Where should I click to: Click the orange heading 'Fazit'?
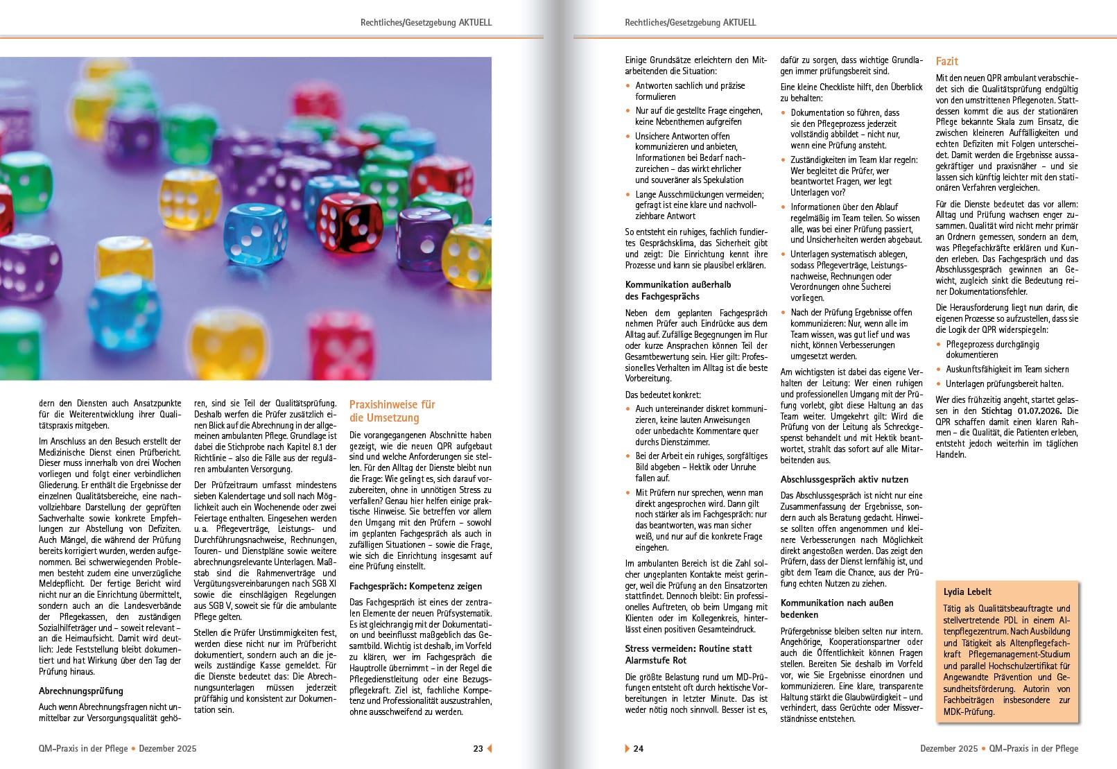(947, 61)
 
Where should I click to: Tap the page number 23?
(478, 748)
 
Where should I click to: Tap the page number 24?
(639, 748)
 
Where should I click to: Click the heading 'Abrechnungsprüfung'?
(81, 691)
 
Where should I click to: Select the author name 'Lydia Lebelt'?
(967, 591)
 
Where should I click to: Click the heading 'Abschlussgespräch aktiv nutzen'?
(844, 479)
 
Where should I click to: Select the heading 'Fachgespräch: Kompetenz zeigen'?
(415, 586)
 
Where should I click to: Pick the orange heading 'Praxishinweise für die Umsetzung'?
(392, 411)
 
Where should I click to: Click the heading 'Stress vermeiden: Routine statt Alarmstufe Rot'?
(688, 655)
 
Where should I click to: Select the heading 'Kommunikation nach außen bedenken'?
(837, 608)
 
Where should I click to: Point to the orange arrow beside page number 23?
(489, 748)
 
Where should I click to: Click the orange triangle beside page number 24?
(627, 748)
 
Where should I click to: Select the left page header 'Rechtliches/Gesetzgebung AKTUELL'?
(426, 22)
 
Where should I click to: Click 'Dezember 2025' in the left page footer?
(167, 748)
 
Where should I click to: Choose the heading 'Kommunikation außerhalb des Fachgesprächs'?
(677, 290)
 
